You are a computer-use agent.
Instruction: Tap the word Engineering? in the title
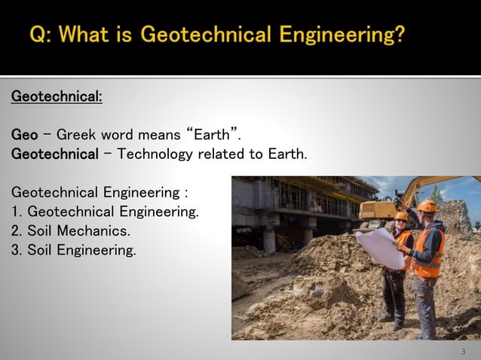[x=342, y=35]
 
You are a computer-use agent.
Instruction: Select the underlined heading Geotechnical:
[x=57, y=97]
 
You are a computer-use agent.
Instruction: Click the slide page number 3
[x=463, y=352]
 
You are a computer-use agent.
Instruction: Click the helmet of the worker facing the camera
[x=401, y=216]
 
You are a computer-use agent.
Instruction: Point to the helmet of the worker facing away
[x=427, y=206]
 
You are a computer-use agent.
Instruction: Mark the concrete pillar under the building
[x=268, y=239]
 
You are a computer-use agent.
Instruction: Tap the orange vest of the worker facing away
[x=430, y=252]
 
